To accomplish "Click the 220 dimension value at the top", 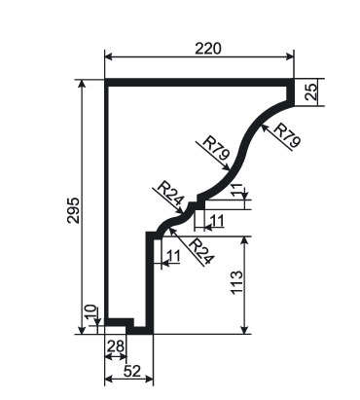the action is (x=208, y=49).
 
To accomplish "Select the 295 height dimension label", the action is (x=73, y=210).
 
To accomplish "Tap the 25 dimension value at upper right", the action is (x=311, y=91).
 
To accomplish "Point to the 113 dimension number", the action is (x=236, y=282).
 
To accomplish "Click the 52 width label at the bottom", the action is (x=132, y=371).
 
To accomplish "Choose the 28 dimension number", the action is (x=116, y=346).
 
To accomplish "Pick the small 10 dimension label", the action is (x=91, y=312).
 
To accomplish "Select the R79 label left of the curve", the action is (x=216, y=149).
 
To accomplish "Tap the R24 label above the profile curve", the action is (x=170, y=196).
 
